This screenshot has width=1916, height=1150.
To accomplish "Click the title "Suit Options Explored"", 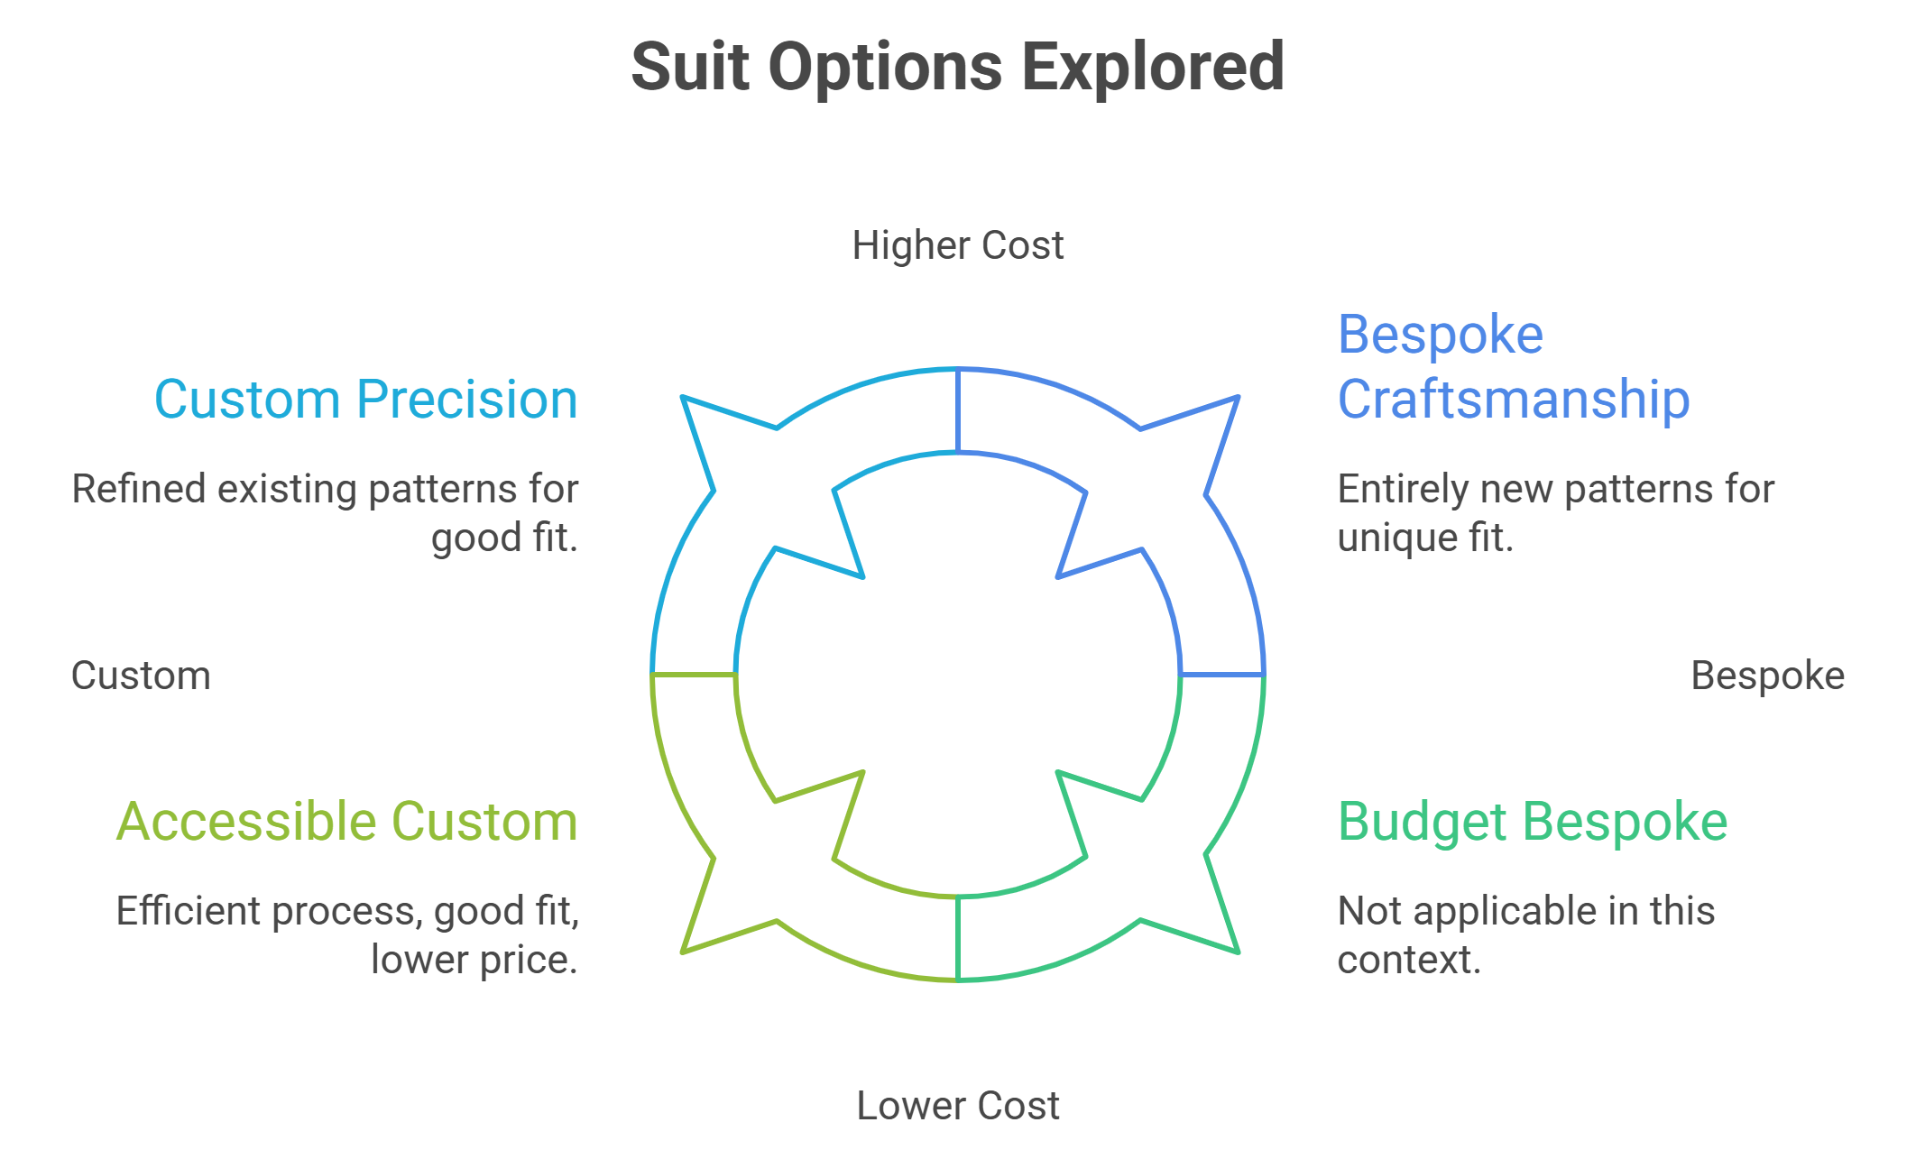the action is [x=958, y=68].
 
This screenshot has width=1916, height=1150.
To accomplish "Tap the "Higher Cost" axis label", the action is [x=958, y=245].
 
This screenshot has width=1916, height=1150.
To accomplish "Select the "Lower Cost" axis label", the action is [x=958, y=1106].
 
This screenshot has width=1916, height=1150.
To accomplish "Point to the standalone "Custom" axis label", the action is [x=141, y=676].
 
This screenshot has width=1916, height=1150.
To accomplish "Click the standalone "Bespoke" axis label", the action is [x=1768, y=676].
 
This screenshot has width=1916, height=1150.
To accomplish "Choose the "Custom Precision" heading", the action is [x=366, y=400].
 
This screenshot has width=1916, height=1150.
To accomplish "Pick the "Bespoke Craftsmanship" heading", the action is [x=1514, y=367].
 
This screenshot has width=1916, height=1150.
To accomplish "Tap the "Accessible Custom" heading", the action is [x=347, y=822].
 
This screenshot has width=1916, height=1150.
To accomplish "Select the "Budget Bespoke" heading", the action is [x=1533, y=822].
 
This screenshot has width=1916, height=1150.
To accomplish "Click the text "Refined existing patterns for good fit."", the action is [x=325, y=513].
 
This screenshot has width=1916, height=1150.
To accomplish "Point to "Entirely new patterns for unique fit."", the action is [x=1556, y=513].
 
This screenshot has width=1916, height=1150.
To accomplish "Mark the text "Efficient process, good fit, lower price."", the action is [x=347, y=935].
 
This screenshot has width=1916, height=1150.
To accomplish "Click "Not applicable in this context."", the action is [x=1526, y=935].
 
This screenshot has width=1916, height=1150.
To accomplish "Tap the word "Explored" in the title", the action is [x=1153, y=68].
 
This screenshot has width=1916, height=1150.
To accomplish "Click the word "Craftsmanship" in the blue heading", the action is [x=1514, y=400].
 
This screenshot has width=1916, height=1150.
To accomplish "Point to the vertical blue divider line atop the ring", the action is [x=958, y=410].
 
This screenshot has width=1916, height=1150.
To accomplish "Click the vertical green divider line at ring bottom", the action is [x=958, y=938].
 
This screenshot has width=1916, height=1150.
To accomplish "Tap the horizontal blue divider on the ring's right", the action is [x=1222, y=675].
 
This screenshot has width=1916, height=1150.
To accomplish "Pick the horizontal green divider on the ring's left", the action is [x=694, y=675].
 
